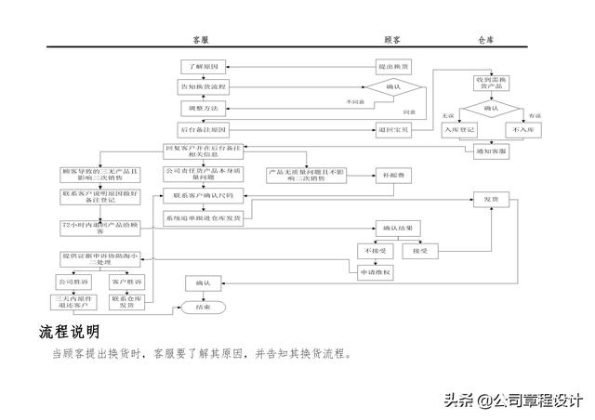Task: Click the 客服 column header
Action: (x=200, y=41)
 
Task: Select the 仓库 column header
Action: (x=484, y=41)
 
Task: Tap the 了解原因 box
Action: (x=203, y=67)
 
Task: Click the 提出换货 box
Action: (x=393, y=67)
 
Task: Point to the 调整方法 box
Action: (x=203, y=108)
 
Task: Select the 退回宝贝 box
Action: (x=393, y=128)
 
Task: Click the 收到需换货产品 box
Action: (x=492, y=84)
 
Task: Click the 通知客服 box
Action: (x=491, y=150)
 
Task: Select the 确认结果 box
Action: (x=398, y=228)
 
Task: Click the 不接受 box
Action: (x=374, y=251)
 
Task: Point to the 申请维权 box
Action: (x=375, y=272)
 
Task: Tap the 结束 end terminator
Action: (x=201, y=306)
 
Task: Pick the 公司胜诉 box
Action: (x=72, y=281)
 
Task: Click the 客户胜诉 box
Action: (x=126, y=281)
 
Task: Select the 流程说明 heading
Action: (x=70, y=332)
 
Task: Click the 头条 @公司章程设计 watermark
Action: (x=512, y=400)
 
